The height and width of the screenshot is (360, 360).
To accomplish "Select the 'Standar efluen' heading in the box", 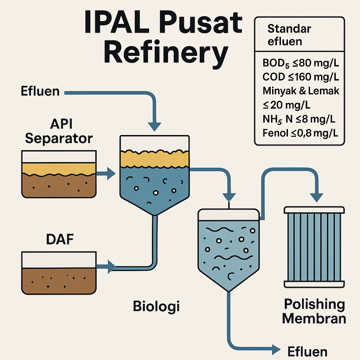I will coord(285,35).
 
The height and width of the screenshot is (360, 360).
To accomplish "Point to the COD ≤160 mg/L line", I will coord(299,77).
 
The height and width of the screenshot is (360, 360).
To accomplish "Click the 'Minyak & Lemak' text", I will coord(301,91).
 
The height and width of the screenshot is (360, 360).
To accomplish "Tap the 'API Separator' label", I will coord(59,131).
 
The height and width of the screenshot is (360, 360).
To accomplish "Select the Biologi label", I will coord(156,306).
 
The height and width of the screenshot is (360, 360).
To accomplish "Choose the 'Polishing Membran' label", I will coord(314,311).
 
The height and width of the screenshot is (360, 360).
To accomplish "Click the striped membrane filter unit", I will coord(314,246).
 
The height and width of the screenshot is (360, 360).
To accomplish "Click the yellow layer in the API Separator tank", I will coord(59,169).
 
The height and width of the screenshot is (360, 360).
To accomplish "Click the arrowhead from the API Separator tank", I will coord(111,173).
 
